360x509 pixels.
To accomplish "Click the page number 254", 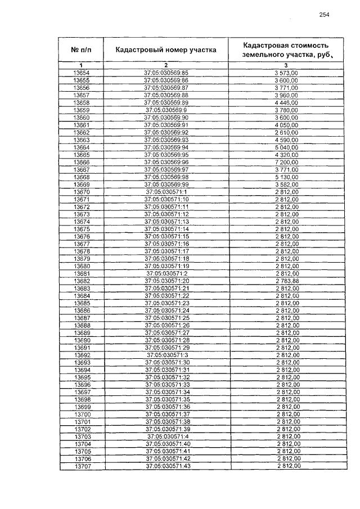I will (323, 15).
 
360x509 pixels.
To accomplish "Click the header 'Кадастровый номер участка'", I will (166, 49).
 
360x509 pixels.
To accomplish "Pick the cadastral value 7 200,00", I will (287, 162).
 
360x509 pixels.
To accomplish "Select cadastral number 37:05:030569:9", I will (166, 110).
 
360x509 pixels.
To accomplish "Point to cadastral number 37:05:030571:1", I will (166, 192).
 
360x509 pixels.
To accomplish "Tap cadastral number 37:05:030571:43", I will (166, 466).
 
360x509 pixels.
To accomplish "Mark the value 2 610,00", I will (287, 132).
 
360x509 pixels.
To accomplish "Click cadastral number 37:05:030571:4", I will (166, 436).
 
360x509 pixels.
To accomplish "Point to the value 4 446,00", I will (287, 103).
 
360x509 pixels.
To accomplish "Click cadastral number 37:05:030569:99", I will (166, 184).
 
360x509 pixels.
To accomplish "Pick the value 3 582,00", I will (287, 184).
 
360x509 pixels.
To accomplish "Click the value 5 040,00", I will (287, 147).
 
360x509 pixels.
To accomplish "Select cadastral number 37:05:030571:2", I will (166, 273).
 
